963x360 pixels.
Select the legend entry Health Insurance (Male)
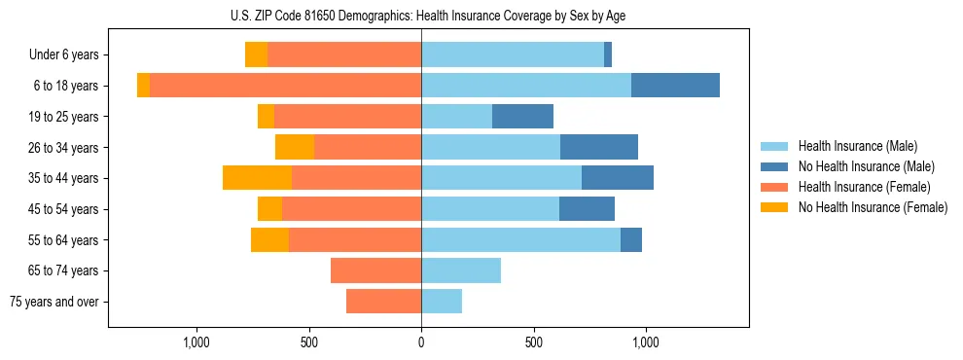pos(857,146)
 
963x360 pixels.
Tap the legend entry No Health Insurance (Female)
pos(873,207)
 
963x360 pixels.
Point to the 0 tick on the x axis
pos(421,342)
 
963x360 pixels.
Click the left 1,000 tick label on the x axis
pos(196,342)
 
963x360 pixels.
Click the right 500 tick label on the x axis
pos(533,342)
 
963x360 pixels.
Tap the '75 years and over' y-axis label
pos(54,302)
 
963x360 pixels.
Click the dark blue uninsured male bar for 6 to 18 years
pos(675,86)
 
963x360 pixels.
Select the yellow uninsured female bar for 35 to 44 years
pos(257,178)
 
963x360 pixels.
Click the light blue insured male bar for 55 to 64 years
pos(520,239)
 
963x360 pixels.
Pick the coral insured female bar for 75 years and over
pos(383,302)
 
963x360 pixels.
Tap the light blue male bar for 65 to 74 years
pos(461,270)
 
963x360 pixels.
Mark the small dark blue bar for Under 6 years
pos(608,55)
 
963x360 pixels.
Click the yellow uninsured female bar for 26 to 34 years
pos(295,147)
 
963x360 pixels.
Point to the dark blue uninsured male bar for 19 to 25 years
pos(522,117)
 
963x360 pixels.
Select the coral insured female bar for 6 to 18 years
pos(286,86)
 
